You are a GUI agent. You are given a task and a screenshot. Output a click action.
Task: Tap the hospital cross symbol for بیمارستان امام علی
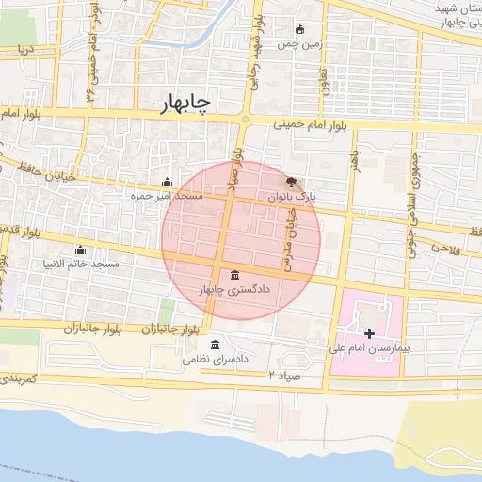click(x=369, y=332)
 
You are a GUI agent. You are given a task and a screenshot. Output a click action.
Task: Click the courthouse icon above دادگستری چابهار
click(x=233, y=274)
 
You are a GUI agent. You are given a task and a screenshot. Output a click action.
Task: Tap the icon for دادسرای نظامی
click(x=216, y=344)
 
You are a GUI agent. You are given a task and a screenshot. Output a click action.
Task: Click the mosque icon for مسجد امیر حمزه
click(x=168, y=182)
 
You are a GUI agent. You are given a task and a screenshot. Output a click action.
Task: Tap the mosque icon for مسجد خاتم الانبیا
click(x=80, y=249)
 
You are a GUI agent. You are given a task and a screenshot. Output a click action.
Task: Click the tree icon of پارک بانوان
click(x=289, y=182)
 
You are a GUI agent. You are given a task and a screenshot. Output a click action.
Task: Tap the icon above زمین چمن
click(x=300, y=29)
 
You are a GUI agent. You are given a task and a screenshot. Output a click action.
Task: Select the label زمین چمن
click(x=300, y=44)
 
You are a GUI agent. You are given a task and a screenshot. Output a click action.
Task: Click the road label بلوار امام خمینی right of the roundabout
click(x=310, y=124)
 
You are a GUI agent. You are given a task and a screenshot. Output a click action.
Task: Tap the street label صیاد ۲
click(x=283, y=375)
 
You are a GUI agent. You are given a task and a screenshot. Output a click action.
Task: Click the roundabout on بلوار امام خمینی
click(x=245, y=120)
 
